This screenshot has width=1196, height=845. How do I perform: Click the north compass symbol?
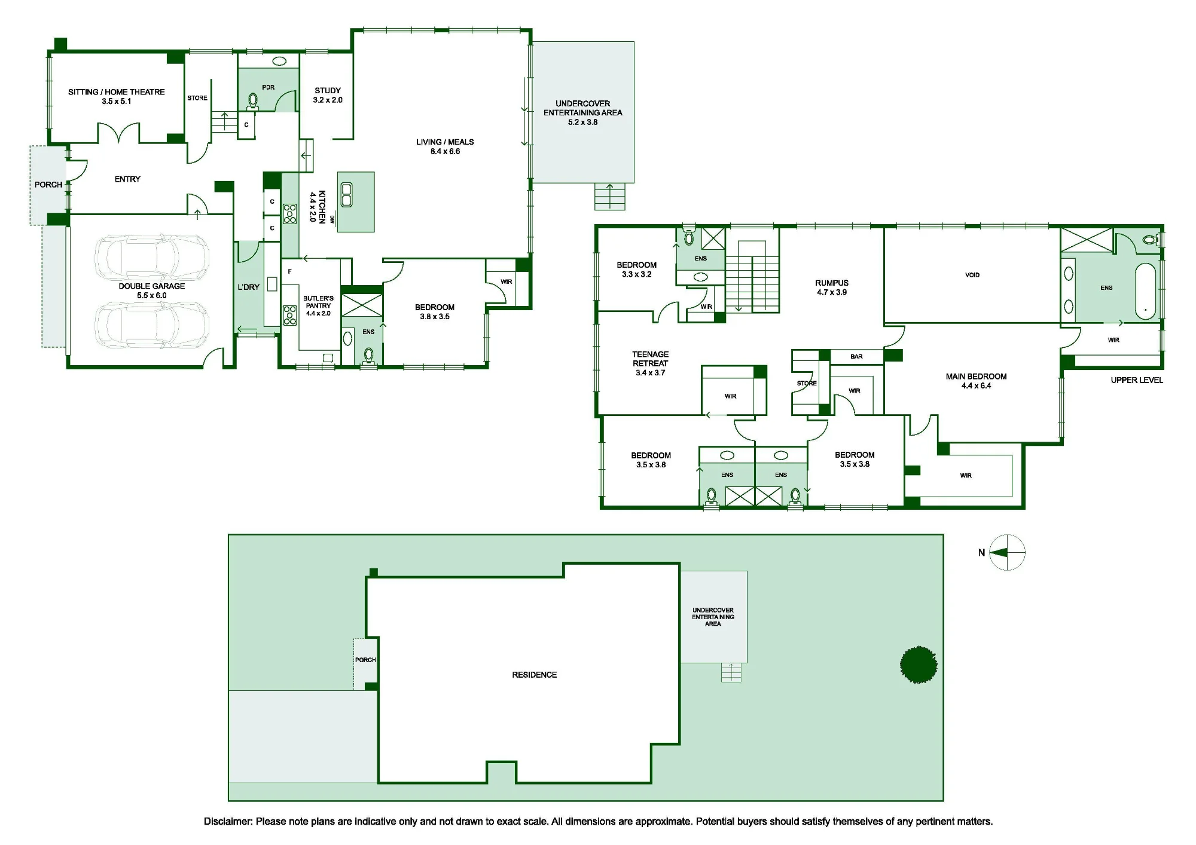point(1008,553)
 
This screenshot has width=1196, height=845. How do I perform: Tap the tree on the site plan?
point(919,665)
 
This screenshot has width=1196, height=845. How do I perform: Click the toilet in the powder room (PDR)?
point(253,102)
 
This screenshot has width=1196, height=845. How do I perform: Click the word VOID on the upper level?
point(972,275)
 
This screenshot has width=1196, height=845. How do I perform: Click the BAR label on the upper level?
point(856,357)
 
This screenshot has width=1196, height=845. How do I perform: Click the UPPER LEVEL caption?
point(1137,380)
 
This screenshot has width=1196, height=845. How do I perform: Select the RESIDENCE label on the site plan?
point(535,675)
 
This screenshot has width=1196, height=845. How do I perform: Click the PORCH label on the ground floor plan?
point(48,185)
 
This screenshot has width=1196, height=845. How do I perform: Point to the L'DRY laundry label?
point(249,287)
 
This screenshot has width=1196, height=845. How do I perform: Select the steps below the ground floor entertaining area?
point(610,197)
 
